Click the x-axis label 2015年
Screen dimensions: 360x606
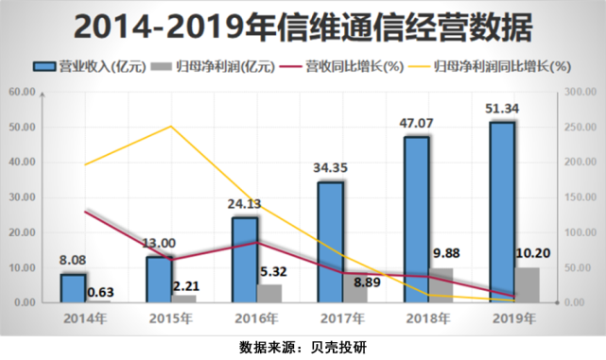170,317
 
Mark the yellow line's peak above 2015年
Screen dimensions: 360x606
170,126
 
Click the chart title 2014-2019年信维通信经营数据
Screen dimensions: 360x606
303,26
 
